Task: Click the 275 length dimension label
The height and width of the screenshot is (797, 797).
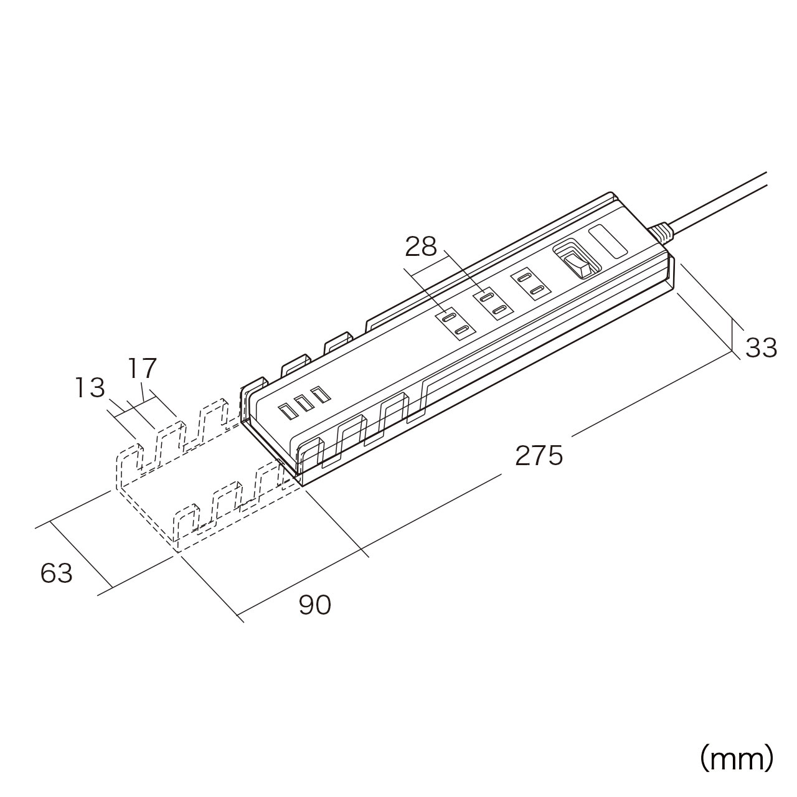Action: tap(539, 456)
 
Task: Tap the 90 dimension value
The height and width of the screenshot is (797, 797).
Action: tap(315, 605)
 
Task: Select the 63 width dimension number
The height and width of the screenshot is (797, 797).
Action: tap(57, 573)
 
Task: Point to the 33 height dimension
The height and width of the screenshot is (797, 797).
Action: tap(761, 348)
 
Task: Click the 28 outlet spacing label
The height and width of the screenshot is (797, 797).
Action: tap(421, 247)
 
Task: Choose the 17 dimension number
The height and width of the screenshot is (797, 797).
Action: tap(143, 368)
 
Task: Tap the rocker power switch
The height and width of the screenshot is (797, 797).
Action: tap(578, 262)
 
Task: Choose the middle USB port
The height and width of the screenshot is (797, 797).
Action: tap(304, 403)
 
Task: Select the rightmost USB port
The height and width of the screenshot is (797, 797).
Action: tap(320, 395)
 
